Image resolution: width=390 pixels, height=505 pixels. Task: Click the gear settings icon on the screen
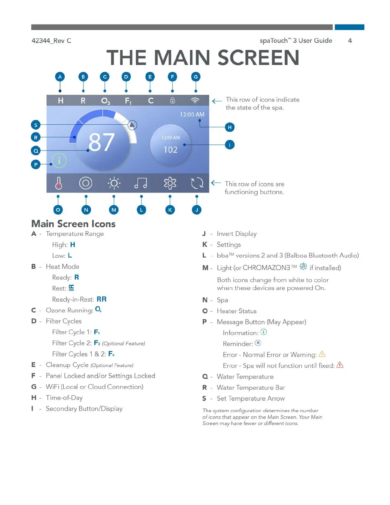coord(170,183)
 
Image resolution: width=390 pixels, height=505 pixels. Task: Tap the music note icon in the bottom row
coord(141,183)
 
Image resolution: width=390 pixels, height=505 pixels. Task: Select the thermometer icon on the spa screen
coord(58,183)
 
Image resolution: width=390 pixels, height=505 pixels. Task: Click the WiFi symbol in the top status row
coord(195,100)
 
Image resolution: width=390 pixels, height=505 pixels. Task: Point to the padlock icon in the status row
coord(172,101)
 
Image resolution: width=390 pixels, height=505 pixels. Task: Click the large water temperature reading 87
coord(101,142)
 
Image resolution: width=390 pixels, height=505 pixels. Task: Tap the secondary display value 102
coord(170,150)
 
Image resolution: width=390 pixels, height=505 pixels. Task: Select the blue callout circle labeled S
coord(36,125)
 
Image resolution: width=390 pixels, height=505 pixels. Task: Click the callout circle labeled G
coord(196,77)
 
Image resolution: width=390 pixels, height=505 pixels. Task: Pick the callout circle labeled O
coord(58,210)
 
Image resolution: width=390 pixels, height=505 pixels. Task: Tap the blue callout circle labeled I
coord(229,145)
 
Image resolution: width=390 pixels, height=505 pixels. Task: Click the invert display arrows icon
coord(197,183)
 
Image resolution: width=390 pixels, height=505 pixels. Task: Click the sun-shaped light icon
coord(114,183)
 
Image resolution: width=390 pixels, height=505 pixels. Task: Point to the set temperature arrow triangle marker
coord(132,125)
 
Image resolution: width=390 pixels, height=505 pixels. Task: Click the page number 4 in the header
coord(350,40)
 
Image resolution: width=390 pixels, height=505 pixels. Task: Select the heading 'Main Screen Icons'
coord(73,224)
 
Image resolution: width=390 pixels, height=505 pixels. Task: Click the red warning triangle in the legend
coord(340,365)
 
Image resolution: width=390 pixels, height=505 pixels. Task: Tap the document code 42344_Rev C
coord(51,40)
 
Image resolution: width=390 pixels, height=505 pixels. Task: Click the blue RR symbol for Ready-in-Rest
coord(102,299)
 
